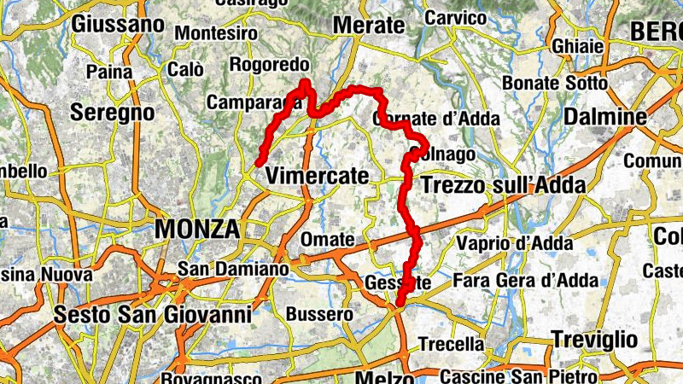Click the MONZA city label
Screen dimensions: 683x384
(196, 229)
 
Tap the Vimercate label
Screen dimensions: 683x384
(318, 177)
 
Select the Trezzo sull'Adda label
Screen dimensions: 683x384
(504, 185)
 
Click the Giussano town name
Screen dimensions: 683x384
(118, 25)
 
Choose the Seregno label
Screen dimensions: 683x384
(112, 113)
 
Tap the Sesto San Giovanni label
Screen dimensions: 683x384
(152, 315)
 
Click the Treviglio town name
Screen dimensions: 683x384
(594, 338)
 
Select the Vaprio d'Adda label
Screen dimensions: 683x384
(514, 243)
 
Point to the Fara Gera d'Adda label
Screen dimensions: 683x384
(523, 281)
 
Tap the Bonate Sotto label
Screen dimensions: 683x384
(555, 84)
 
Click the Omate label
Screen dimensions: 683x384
(326, 240)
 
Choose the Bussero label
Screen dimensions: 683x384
(319, 314)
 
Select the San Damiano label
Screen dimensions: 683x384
(233, 269)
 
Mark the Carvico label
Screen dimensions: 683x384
(454, 17)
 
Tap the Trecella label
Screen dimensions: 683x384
(451, 345)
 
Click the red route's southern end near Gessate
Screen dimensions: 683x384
(400, 302)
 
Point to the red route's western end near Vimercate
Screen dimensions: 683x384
(258, 162)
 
